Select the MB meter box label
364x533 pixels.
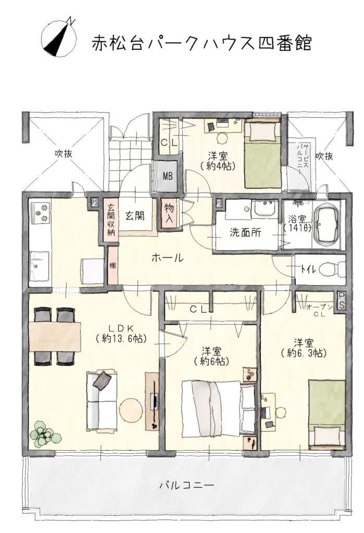coord(167,176)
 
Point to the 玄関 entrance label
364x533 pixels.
coord(135,215)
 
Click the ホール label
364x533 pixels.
coord(167,258)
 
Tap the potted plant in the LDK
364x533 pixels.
coord(44,434)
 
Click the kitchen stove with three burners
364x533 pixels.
coord(41,212)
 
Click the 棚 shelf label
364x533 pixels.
coord(112,265)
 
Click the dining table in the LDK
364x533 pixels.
coord(55,337)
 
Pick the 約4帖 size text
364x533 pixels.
coord(218,166)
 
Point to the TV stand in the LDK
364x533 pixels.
coord(153,401)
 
